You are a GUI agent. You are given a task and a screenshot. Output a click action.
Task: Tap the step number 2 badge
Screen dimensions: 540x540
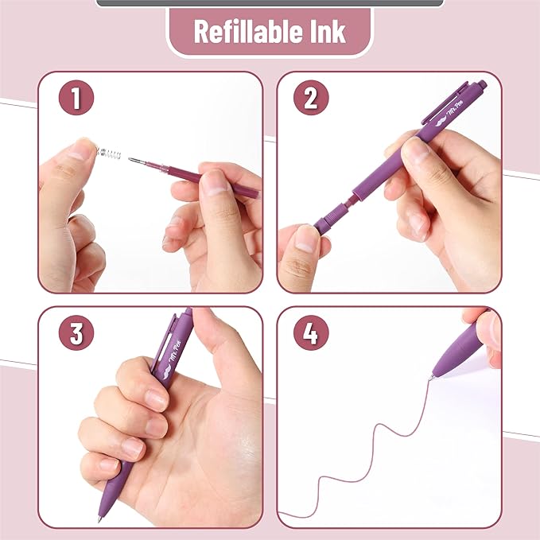311,99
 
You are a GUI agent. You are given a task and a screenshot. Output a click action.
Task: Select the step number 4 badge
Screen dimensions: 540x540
311,332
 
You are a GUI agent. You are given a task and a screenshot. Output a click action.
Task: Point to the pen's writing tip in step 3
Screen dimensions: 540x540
100,518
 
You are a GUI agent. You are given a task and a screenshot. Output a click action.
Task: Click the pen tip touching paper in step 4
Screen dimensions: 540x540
432,376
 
